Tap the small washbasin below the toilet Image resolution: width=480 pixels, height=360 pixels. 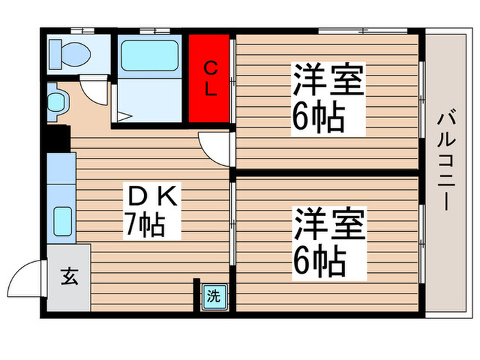(x=55, y=102)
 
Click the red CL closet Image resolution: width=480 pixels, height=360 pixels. (x=211, y=78)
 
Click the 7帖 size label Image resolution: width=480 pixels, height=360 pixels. (x=143, y=225)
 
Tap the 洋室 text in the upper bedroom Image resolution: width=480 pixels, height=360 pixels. (x=328, y=82)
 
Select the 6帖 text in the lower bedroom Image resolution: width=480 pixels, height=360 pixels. (x=318, y=261)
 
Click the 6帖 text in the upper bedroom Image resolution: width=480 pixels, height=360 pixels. (x=318, y=118)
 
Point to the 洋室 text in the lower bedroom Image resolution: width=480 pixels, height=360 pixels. (x=328, y=225)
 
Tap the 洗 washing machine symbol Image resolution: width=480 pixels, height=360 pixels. (x=214, y=297)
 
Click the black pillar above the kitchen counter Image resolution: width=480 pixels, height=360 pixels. (x=58, y=139)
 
